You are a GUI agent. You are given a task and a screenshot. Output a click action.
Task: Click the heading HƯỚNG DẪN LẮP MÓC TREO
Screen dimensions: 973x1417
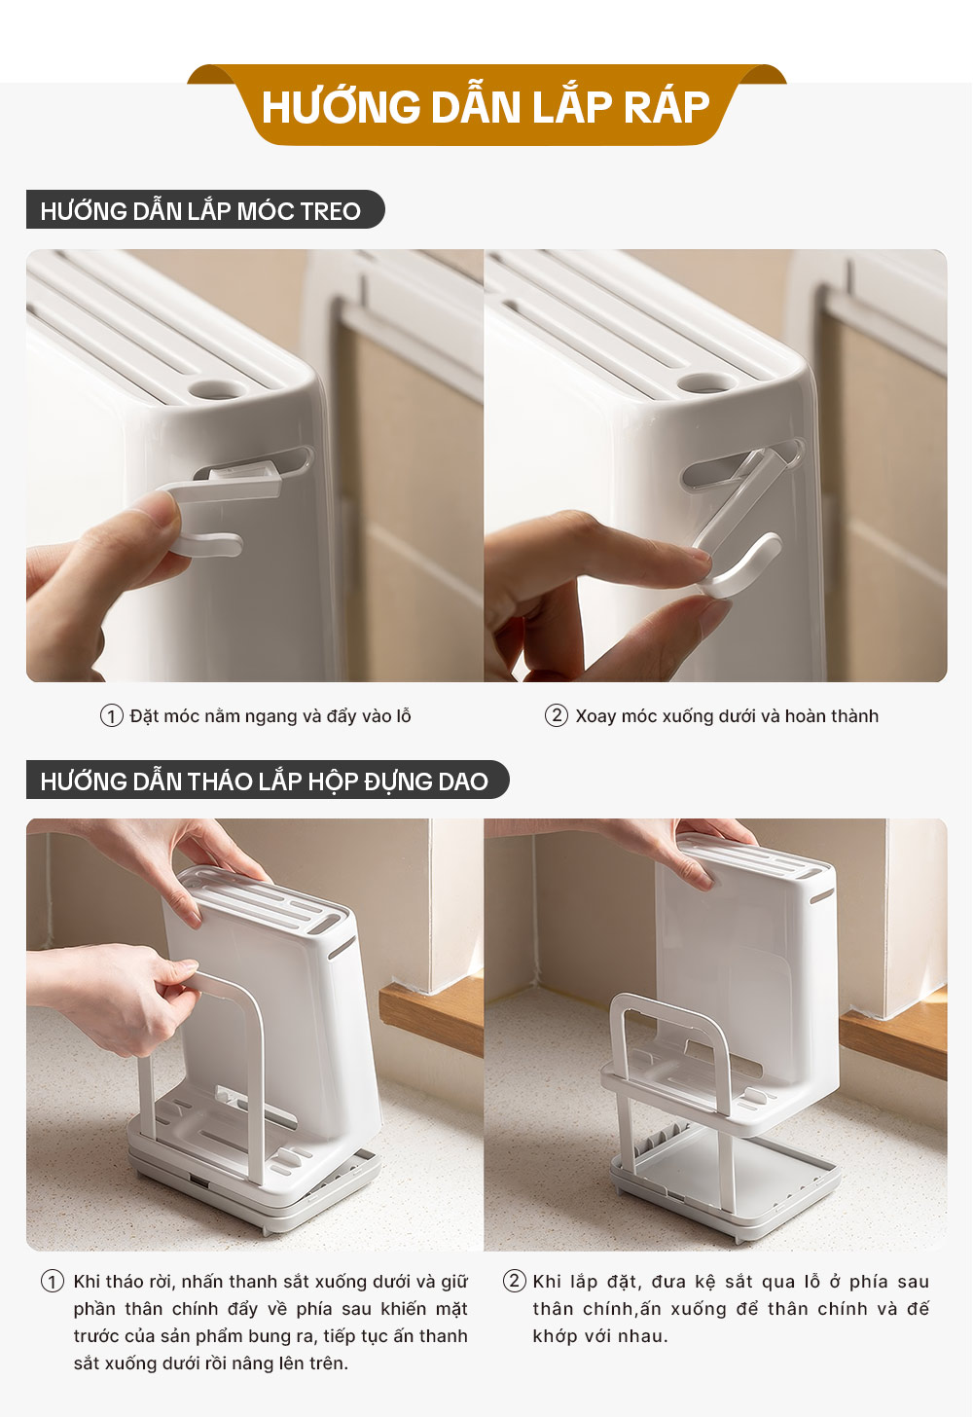point(200,211)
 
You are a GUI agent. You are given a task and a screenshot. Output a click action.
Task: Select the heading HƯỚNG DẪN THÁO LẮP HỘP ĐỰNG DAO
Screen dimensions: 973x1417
point(265,781)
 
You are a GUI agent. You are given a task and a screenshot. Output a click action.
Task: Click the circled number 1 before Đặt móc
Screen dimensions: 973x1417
point(111,716)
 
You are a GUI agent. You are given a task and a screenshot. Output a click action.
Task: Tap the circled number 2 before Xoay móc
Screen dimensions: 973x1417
point(557,716)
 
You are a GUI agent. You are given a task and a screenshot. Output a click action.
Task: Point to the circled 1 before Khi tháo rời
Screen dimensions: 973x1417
point(53,1282)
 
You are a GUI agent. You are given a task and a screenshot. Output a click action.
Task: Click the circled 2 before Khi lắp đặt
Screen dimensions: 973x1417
point(514,1281)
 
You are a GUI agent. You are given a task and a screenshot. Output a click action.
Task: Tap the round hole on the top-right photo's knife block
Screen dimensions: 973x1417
point(704,381)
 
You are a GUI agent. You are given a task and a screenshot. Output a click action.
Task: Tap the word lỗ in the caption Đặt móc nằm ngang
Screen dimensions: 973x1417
point(404,716)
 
